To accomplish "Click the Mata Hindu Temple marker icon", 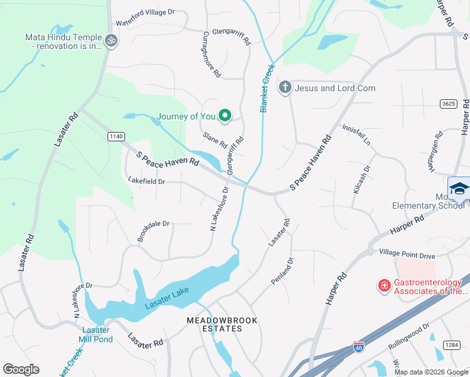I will coord(111,40).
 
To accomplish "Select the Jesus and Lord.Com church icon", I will coord(285,87).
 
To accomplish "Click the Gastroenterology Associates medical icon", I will coord(383,287).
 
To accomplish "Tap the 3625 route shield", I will coord(448,104).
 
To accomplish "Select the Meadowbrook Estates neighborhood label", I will coord(222,324).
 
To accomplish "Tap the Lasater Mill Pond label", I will coord(95,334).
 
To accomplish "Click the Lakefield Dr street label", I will coord(146,182).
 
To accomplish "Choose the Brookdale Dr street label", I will coord(153,231).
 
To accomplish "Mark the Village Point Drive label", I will coord(407,256).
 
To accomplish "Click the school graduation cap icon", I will coord(459,189).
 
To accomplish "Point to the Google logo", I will coord(21,369).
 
